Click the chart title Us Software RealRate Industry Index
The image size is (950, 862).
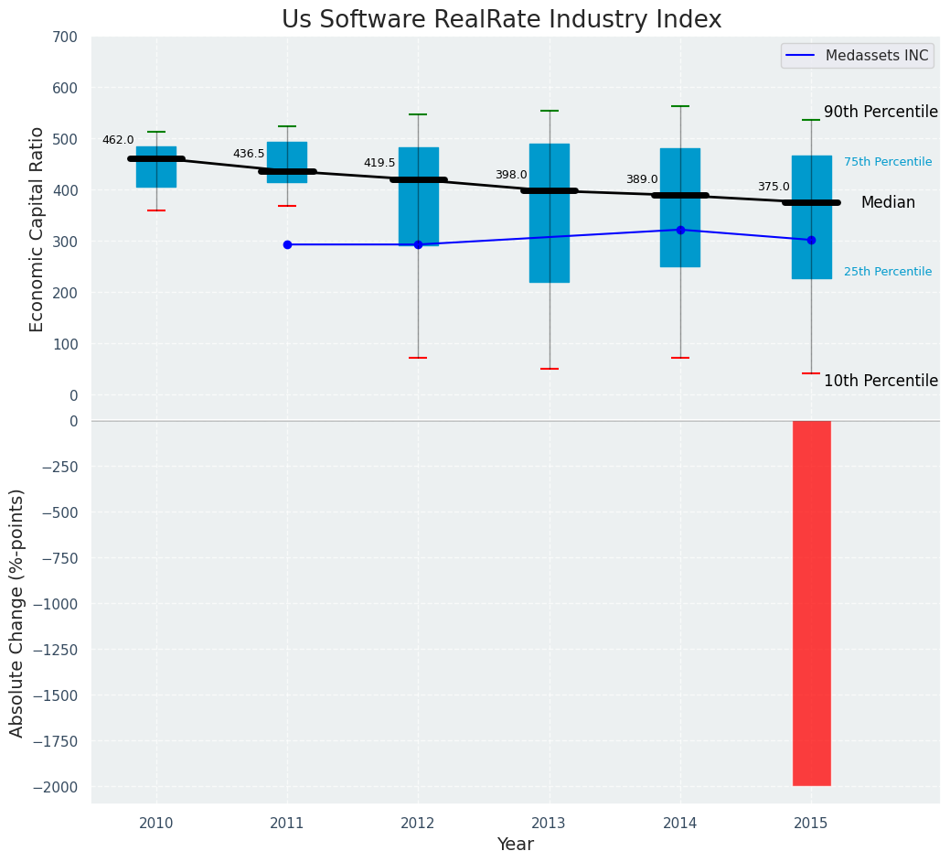501,20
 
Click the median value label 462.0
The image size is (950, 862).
118,140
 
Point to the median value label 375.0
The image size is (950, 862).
774,187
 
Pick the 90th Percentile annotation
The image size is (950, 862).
881,112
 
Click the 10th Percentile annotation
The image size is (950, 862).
881,381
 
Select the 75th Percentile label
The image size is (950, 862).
887,162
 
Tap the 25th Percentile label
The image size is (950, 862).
887,272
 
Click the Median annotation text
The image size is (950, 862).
887,203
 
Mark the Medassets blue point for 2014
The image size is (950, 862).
680,230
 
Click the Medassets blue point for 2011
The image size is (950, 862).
287,244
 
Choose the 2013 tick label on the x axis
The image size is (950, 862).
550,824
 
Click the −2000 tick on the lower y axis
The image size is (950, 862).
58,787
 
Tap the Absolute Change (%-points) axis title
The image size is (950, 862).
17,612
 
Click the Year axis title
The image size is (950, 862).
515,845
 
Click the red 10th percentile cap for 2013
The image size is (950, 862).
550,369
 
